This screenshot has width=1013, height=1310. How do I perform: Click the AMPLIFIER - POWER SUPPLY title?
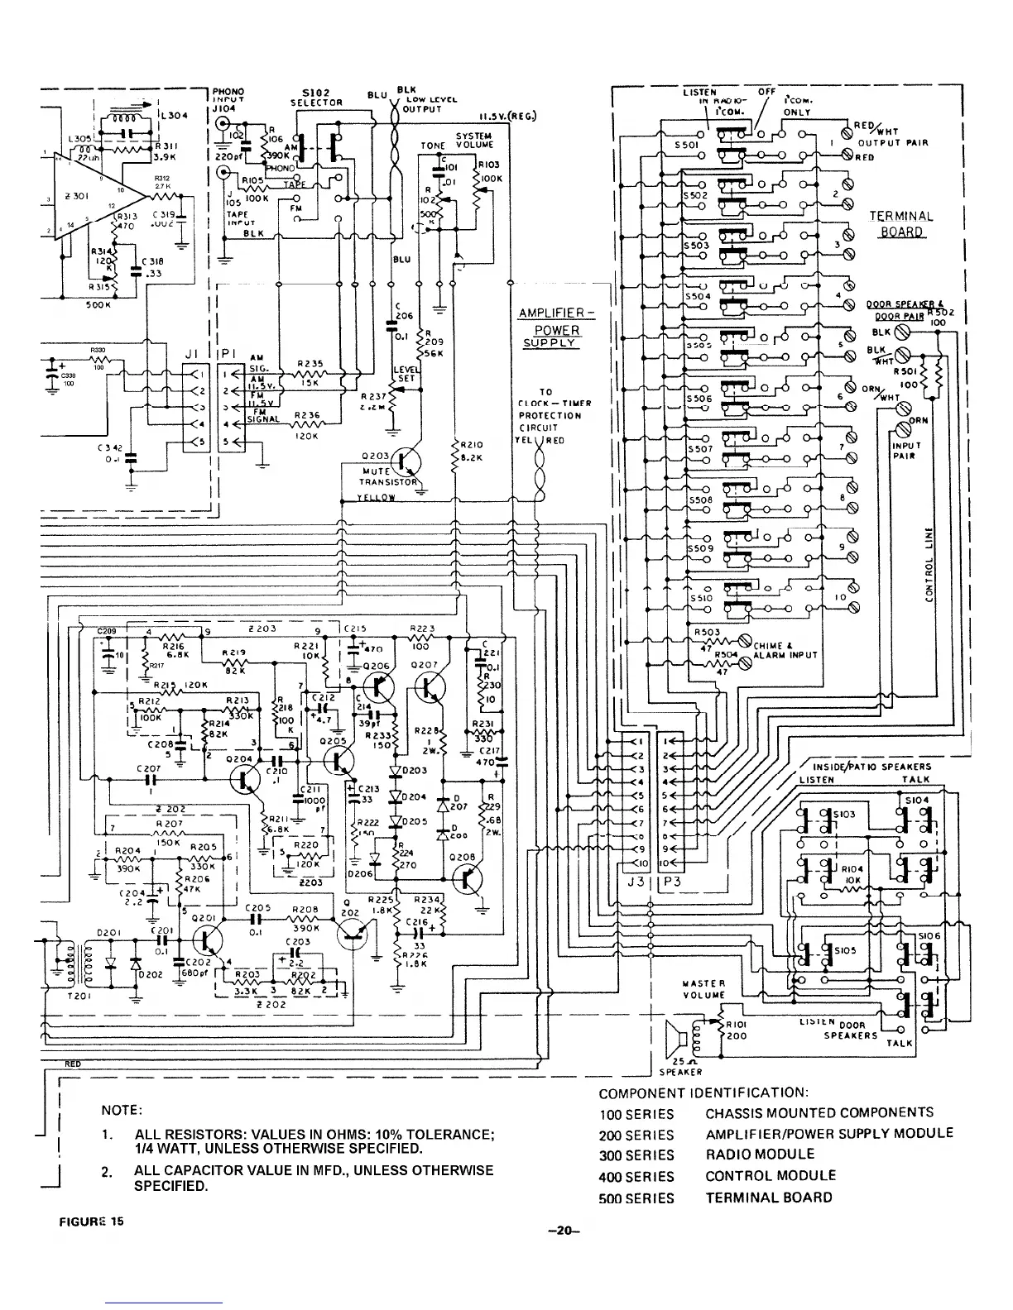pyautogui.click(x=556, y=328)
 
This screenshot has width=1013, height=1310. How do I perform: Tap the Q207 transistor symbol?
pyautogui.click(x=430, y=686)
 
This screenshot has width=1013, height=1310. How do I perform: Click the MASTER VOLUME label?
pyautogui.click(x=704, y=989)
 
